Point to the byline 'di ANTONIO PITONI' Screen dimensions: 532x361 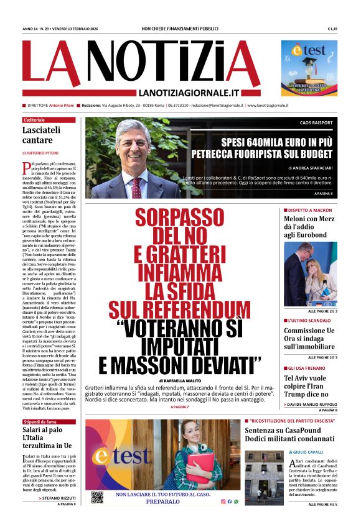tap(41, 152)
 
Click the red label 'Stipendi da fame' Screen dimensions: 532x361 tap(40, 421)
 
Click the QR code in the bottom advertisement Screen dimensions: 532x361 tap(97, 497)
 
